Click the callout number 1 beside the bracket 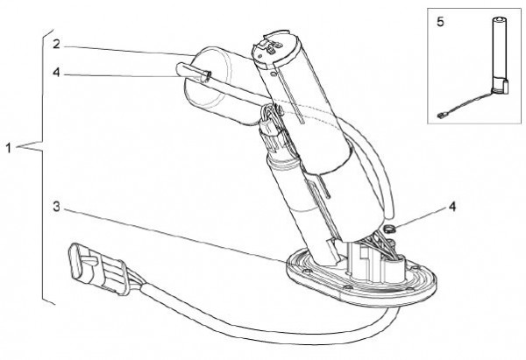(x=9, y=148)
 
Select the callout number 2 (x=56, y=44)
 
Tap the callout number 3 (x=56, y=207)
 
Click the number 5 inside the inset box (x=440, y=22)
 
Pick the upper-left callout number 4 (x=56, y=72)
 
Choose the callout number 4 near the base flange (x=452, y=207)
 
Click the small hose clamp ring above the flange (x=389, y=229)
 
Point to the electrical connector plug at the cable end (x=97, y=268)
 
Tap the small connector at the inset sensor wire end (x=441, y=116)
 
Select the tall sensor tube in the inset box (x=499, y=54)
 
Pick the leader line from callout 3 (x=175, y=236)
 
